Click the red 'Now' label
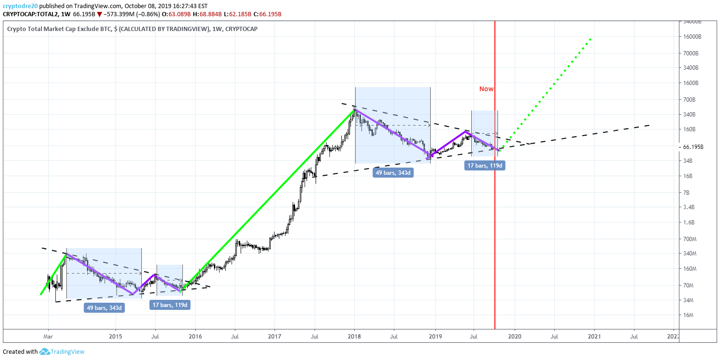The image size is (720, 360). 487,89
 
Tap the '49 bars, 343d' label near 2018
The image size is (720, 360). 393,173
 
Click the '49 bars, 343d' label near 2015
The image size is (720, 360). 105,307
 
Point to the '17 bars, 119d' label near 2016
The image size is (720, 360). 170,305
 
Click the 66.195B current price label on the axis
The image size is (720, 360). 693,147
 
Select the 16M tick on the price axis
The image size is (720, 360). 688,315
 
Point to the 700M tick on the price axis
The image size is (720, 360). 690,239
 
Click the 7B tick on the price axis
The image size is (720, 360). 687,192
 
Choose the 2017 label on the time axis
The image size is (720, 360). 274,337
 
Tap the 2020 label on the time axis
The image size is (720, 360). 515,337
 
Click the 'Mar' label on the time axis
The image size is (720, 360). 48,337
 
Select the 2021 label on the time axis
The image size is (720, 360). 594,337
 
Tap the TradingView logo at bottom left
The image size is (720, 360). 62,352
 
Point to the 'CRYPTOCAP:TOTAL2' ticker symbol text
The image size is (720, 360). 27,14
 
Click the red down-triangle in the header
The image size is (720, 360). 99,14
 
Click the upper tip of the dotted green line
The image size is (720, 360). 592,38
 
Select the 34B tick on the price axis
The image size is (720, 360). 688,161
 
